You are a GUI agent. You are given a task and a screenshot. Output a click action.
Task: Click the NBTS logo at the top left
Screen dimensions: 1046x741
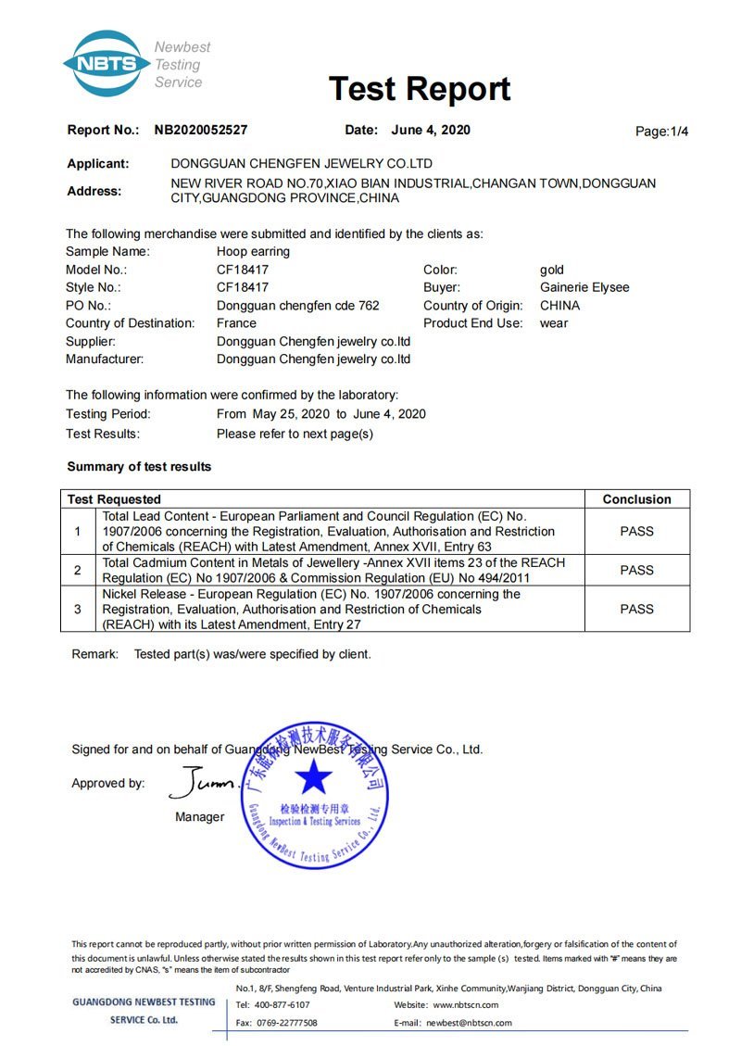(x=107, y=64)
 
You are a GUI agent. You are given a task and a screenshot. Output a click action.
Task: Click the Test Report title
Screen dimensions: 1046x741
(x=420, y=89)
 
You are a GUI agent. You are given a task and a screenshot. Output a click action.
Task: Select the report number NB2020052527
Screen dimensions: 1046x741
(x=201, y=131)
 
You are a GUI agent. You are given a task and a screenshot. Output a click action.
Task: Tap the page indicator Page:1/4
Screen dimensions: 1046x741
(x=661, y=132)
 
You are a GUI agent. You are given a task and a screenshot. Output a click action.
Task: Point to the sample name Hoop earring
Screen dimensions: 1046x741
(x=253, y=251)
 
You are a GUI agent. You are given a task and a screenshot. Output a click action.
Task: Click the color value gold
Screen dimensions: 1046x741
(x=552, y=270)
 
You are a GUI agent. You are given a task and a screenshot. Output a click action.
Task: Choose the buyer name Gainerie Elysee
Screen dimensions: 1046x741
(x=584, y=287)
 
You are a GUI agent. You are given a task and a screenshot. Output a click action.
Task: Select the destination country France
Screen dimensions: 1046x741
(x=236, y=323)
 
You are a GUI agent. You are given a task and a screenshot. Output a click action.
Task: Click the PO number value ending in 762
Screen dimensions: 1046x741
(x=297, y=305)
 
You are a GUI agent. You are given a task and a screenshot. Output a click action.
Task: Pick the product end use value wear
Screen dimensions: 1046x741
(x=554, y=323)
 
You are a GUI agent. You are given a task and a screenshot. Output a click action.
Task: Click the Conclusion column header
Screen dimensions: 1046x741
(x=636, y=499)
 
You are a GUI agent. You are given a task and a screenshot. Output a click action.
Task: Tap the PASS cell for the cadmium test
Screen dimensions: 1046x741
(x=636, y=570)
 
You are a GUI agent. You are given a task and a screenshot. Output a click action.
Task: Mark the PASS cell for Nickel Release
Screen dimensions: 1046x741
(x=636, y=609)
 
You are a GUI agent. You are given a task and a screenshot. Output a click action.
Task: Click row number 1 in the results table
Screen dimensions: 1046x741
(x=78, y=531)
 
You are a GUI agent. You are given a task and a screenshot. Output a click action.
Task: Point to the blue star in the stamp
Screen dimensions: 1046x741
(x=314, y=776)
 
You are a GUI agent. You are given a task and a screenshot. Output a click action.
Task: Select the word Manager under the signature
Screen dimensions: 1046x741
(x=199, y=817)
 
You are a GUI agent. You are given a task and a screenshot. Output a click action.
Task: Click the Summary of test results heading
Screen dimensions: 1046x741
(x=139, y=466)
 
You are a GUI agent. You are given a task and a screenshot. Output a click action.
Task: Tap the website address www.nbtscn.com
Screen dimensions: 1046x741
(x=466, y=1004)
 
